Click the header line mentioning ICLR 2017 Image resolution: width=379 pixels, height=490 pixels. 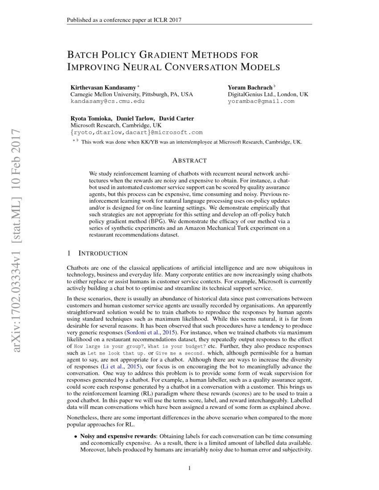(x=124, y=20)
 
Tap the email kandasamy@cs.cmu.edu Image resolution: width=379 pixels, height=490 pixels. (x=107, y=101)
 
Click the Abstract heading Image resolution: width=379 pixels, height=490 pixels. (x=189, y=160)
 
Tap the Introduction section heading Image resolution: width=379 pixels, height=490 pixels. (x=103, y=253)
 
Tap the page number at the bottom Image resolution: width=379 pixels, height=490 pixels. (x=189, y=468)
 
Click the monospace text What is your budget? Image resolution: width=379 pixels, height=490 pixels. (x=177, y=346)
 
